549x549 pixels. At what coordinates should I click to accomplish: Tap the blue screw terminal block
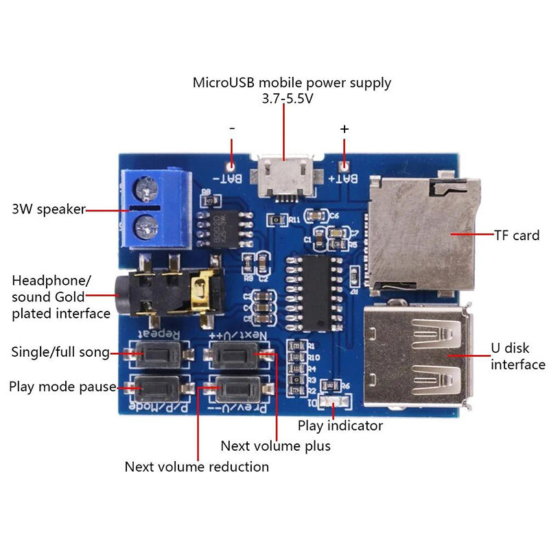154,209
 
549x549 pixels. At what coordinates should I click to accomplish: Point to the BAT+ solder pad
345,165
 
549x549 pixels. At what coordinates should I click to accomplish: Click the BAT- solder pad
232,165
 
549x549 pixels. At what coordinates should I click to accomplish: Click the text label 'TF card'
517,235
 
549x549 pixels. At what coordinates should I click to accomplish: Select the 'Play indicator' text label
340,425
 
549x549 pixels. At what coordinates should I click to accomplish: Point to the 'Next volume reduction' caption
196,467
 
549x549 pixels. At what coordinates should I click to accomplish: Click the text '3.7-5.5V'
288,99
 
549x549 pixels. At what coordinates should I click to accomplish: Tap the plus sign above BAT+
344,128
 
